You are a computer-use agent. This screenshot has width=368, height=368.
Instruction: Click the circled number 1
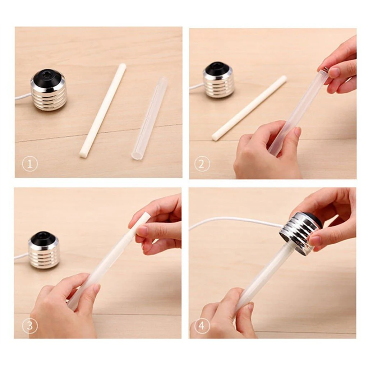pos(30,165)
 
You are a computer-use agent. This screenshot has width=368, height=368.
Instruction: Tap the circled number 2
pos(202,165)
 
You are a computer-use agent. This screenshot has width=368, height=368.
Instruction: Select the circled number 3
pos(30,326)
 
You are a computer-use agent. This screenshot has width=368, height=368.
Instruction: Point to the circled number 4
pos(202,326)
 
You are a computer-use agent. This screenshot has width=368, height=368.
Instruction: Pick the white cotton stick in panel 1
pos(103,110)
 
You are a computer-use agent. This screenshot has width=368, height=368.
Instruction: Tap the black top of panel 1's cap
pos(49,77)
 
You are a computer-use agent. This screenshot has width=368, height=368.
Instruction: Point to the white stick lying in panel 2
pos(249,107)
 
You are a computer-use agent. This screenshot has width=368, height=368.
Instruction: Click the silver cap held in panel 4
pos(300,233)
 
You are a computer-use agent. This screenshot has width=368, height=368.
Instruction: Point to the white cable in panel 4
pos(234,220)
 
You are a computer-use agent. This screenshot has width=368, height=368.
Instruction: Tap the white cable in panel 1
pos(22,97)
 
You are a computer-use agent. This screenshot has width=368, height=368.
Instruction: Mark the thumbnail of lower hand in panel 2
pos(297,132)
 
